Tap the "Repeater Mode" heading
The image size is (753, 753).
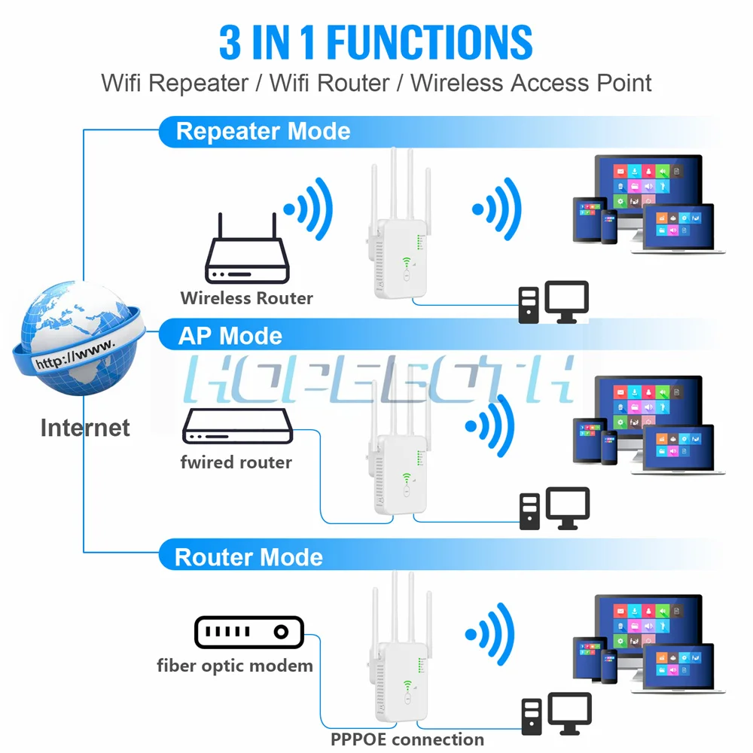[263, 132]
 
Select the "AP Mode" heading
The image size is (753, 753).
[230, 336]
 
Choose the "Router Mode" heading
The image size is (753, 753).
[248, 557]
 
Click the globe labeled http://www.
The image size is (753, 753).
[75, 343]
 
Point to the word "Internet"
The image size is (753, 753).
[85, 428]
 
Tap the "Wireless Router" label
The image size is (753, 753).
[246, 298]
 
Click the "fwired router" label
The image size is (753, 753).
[236, 462]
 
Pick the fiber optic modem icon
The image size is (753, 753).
[248, 632]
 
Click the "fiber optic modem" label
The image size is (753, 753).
[234, 666]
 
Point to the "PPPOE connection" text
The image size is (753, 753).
[407, 739]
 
